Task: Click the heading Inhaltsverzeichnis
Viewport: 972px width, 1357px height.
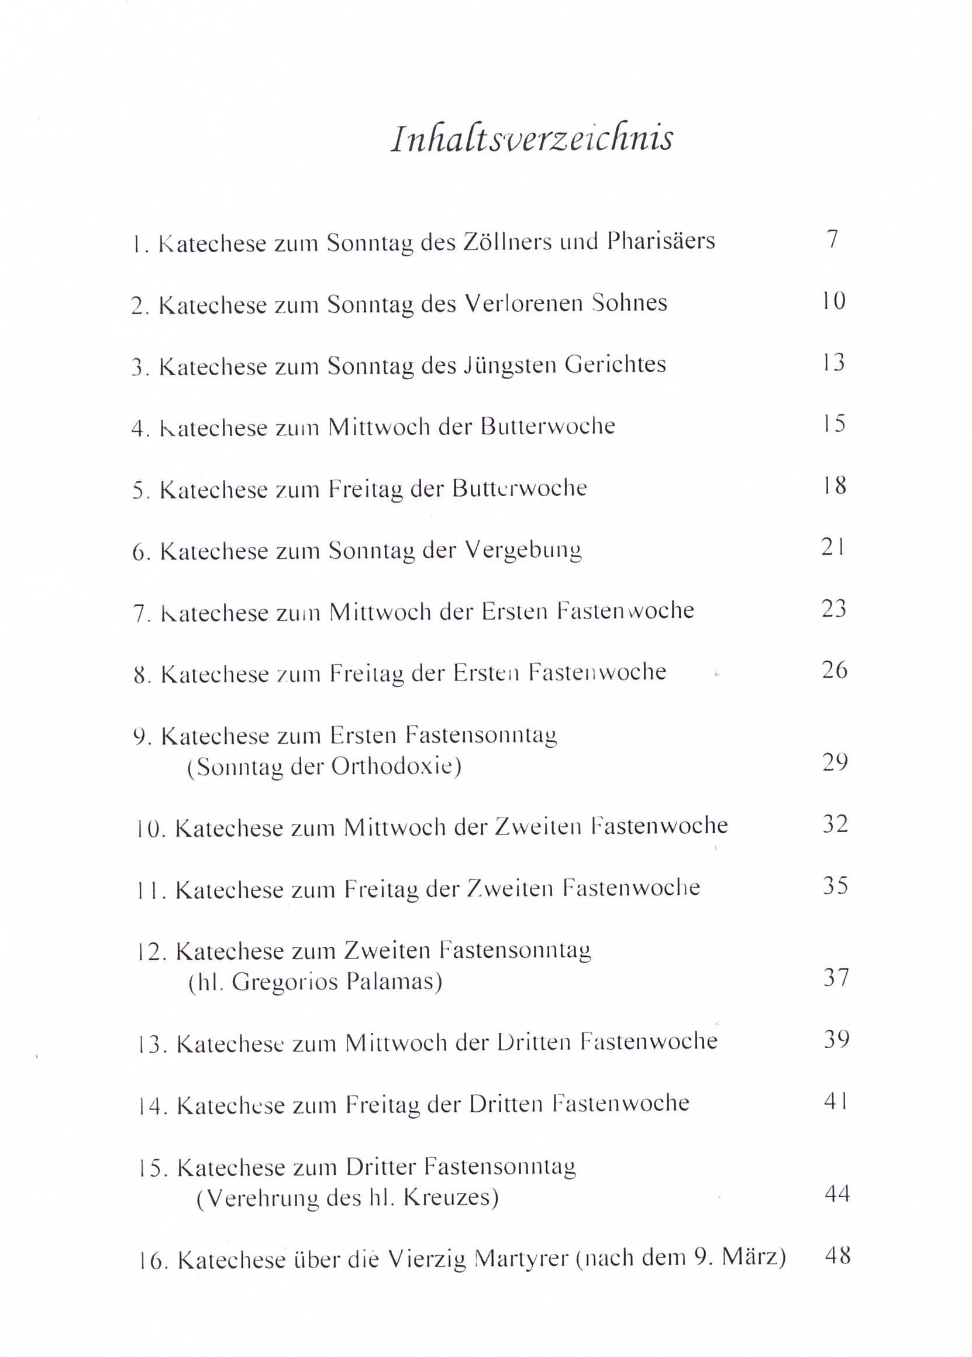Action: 532,139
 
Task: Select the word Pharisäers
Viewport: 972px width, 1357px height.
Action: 661,241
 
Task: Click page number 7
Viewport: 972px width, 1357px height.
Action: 832,239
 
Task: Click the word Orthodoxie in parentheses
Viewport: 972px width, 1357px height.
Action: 396,768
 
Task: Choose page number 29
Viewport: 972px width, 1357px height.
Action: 835,763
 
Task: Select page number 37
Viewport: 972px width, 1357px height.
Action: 835,978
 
